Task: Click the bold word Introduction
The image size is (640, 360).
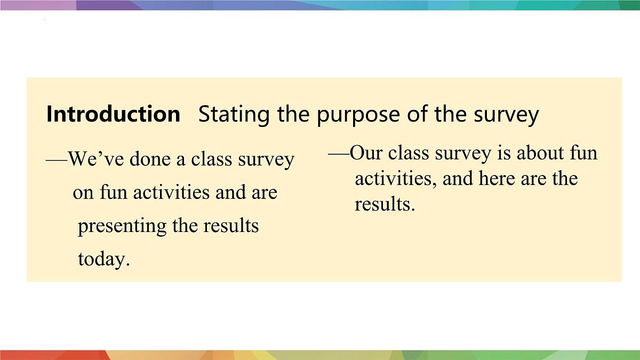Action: click(113, 114)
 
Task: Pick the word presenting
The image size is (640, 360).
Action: click(122, 226)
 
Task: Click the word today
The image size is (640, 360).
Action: click(103, 259)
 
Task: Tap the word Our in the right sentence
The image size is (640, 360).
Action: click(366, 153)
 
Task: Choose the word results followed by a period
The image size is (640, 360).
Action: click(384, 203)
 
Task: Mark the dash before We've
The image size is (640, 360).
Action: click(57, 159)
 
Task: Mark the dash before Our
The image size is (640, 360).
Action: click(338, 153)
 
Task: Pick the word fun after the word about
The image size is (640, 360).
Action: click(583, 153)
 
